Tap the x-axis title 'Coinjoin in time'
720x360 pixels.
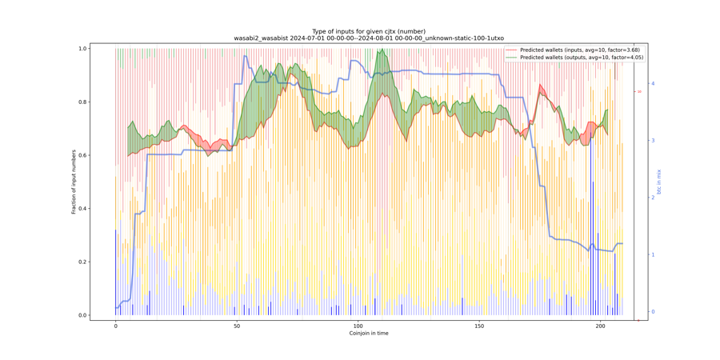[369, 334]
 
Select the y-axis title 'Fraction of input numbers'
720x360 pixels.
[74, 182]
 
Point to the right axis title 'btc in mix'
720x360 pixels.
[659, 182]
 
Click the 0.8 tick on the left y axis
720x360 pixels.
[82, 102]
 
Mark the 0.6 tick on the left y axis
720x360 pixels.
[82, 155]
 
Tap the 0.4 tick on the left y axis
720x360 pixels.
[82, 209]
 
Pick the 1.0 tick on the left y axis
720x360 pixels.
[82, 49]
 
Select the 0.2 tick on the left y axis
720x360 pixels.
[82, 262]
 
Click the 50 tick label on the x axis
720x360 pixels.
[237, 326]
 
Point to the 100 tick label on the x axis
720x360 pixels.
[358, 326]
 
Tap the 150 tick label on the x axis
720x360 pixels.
[479, 326]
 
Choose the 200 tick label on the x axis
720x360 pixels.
[600, 326]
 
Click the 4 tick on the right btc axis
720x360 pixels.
[653, 83]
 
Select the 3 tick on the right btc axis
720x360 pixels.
[653, 141]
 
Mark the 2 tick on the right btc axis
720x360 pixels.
[653, 198]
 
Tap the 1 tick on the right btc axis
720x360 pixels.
[653, 254]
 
